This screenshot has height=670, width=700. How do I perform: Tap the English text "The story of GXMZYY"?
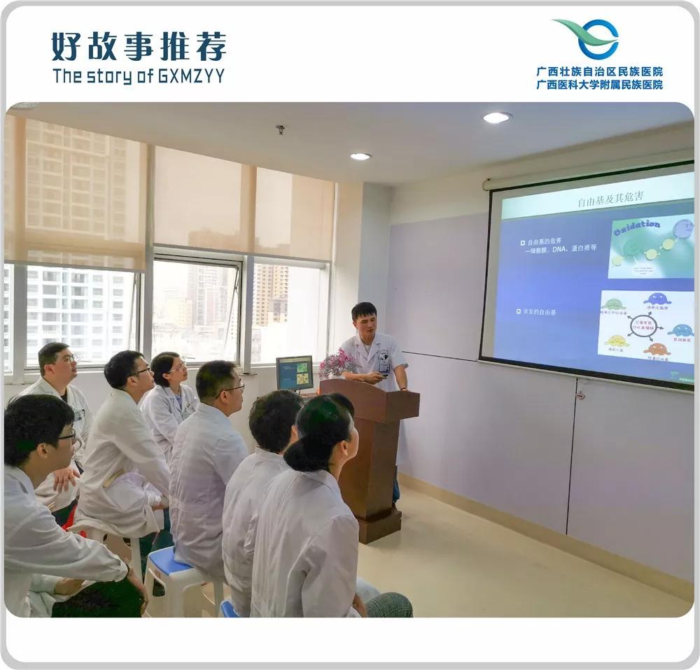click(139, 76)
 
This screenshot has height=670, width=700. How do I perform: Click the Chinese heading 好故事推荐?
click(139, 47)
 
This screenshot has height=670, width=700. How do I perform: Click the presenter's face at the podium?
click(365, 321)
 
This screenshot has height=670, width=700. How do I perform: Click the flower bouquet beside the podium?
click(338, 364)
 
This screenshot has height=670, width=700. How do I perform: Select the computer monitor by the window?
click(295, 373)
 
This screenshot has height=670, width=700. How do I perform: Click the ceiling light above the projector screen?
click(496, 117)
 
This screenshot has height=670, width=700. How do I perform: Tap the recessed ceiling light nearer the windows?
click(360, 156)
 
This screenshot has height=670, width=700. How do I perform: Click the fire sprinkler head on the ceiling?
click(281, 129)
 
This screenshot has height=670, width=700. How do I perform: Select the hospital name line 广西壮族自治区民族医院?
click(599, 71)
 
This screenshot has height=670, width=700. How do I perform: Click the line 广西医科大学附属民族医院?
click(599, 85)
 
